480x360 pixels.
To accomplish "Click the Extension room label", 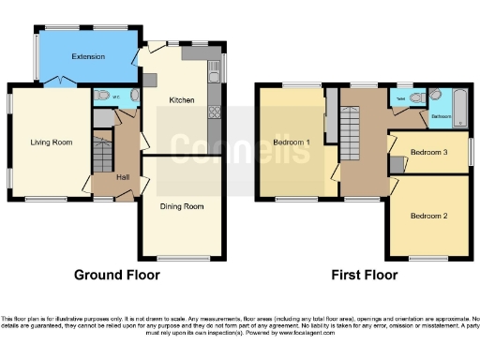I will point(88,56).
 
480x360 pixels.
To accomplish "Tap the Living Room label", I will point(52,142).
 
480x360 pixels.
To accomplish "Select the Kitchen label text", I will point(181,99).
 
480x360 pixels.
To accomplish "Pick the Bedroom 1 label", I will point(292,142).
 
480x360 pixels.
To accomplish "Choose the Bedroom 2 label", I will point(428,216).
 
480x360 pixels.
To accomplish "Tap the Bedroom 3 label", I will point(431,152).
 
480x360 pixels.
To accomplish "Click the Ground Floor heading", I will point(117,275).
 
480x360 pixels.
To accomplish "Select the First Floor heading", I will point(365,275).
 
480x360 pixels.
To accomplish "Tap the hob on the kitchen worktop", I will point(214,113).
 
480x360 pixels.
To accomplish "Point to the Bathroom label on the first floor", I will point(441,117).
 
